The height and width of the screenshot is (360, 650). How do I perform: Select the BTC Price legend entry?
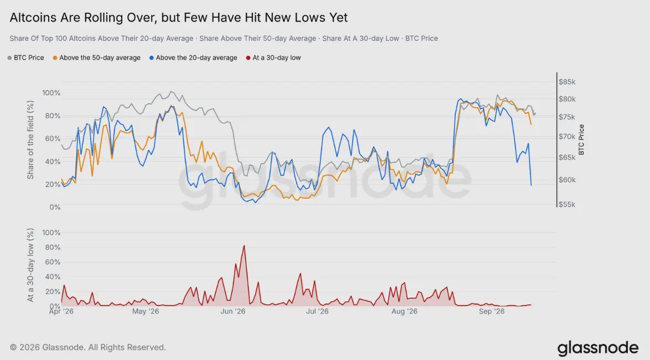[x=26, y=57]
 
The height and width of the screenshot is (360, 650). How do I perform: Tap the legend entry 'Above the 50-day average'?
[x=97, y=57]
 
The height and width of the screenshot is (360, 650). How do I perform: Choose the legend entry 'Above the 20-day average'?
[x=193, y=57]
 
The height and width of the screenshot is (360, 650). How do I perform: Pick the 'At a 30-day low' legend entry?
[x=273, y=57]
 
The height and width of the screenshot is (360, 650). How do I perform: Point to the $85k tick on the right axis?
[x=567, y=82]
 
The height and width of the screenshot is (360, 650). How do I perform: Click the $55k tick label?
[x=567, y=205]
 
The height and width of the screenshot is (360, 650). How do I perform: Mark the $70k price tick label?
[x=567, y=136]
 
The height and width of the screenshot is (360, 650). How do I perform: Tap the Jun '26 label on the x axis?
[x=233, y=311]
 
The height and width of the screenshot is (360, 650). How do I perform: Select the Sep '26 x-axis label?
[x=492, y=311]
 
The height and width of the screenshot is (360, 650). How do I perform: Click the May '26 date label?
[x=145, y=311]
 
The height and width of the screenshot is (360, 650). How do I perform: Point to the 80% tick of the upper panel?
[x=52, y=116]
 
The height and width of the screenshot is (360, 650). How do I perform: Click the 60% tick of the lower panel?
[x=52, y=262]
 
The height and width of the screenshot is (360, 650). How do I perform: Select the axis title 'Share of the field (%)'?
[x=30, y=140]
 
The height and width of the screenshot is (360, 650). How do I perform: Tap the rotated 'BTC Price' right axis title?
[x=581, y=140]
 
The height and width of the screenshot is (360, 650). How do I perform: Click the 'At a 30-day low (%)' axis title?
[x=30, y=265]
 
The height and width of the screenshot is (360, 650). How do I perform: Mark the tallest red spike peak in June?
[x=244, y=246]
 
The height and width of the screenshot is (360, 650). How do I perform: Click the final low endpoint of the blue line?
[x=531, y=185]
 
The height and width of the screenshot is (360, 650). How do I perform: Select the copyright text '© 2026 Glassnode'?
[x=47, y=347]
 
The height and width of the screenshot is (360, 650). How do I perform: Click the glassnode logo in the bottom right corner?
[x=598, y=348]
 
